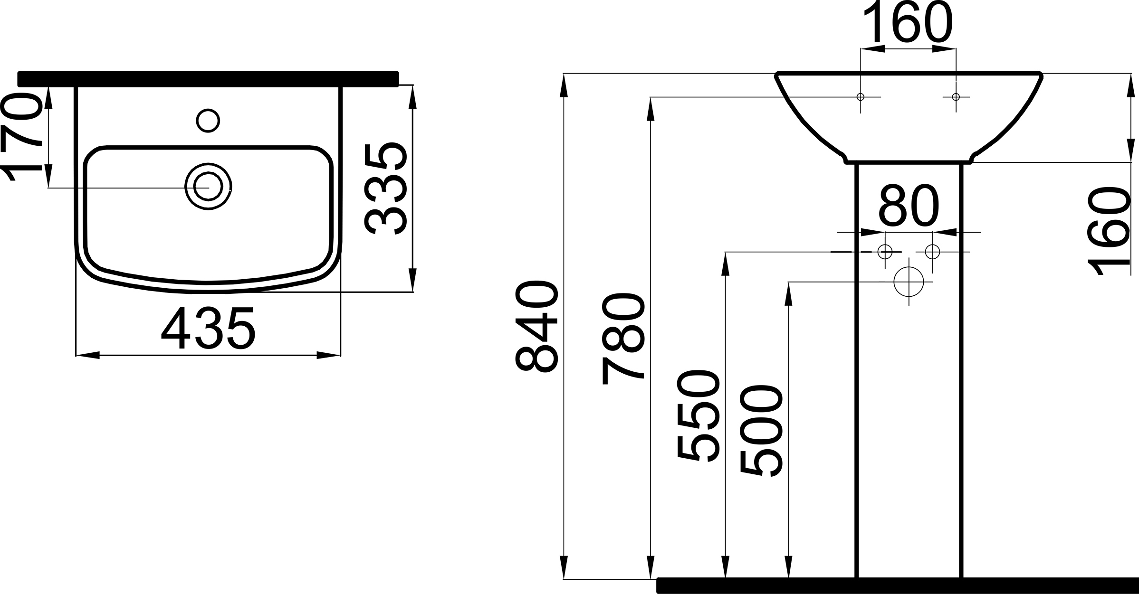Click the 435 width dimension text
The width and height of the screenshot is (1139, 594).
(208, 329)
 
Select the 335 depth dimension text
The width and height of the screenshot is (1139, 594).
(385, 189)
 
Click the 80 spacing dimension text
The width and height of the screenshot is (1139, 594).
(909, 206)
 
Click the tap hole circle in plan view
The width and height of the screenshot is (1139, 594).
(208, 121)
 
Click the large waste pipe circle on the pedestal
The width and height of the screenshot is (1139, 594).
(909, 282)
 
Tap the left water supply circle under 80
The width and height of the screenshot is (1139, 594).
(885, 251)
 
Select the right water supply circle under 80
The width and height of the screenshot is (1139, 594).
(932, 251)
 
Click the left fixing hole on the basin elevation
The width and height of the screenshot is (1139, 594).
(860, 97)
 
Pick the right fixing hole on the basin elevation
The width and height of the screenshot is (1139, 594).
(956, 97)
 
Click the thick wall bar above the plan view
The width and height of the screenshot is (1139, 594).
(208, 79)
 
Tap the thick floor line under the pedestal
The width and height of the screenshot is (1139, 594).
(897, 585)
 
